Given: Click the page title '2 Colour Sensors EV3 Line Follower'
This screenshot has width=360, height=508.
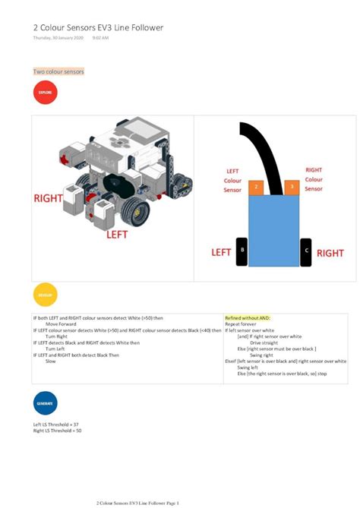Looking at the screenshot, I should (98, 27).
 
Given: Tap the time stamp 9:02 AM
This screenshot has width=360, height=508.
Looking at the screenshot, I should (101, 38).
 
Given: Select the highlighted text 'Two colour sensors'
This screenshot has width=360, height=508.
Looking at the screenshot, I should (58, 71).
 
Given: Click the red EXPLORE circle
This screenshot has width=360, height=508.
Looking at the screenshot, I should (46, 93).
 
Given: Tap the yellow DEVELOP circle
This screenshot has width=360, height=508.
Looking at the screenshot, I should (46, 294).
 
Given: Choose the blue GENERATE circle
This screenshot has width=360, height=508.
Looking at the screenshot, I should (46, 402).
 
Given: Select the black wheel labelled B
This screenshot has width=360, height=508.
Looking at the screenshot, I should (242, 251).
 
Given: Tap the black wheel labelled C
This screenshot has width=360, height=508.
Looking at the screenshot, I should (306, 251).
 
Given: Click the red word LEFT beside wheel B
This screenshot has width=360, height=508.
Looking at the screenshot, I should (221, 252).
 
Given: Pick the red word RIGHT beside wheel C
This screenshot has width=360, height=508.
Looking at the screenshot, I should (330, 253).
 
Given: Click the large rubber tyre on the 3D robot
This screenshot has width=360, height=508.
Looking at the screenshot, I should (137, 213).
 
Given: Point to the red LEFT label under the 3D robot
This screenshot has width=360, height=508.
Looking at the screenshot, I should (116, 235).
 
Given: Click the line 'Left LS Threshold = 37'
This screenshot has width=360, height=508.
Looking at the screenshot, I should (56, 424).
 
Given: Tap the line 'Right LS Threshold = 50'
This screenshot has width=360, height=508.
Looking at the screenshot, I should (57, 431).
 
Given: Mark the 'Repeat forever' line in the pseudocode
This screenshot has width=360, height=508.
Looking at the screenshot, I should (242, 323).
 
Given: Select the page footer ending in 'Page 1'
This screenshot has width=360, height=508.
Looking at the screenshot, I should (137, 503).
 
